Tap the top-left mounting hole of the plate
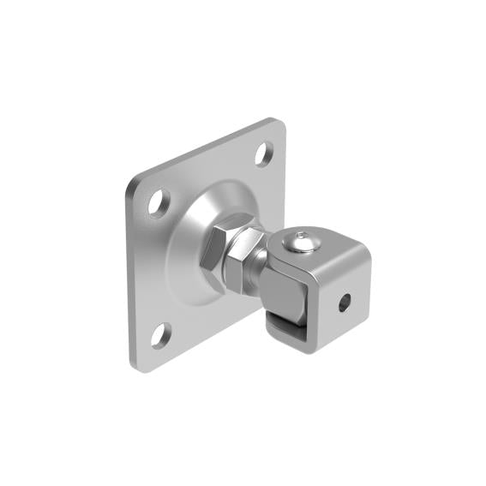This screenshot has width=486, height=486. [157, 204]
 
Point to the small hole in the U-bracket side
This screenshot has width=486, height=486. [344, 301]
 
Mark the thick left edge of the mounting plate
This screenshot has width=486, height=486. [128, 274]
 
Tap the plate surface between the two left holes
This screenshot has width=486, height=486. [154, 270]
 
